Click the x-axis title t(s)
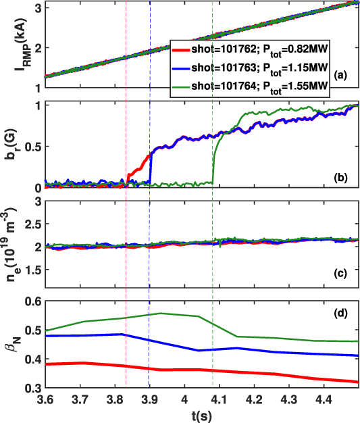195,416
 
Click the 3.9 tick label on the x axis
149,400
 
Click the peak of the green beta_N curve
160,313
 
